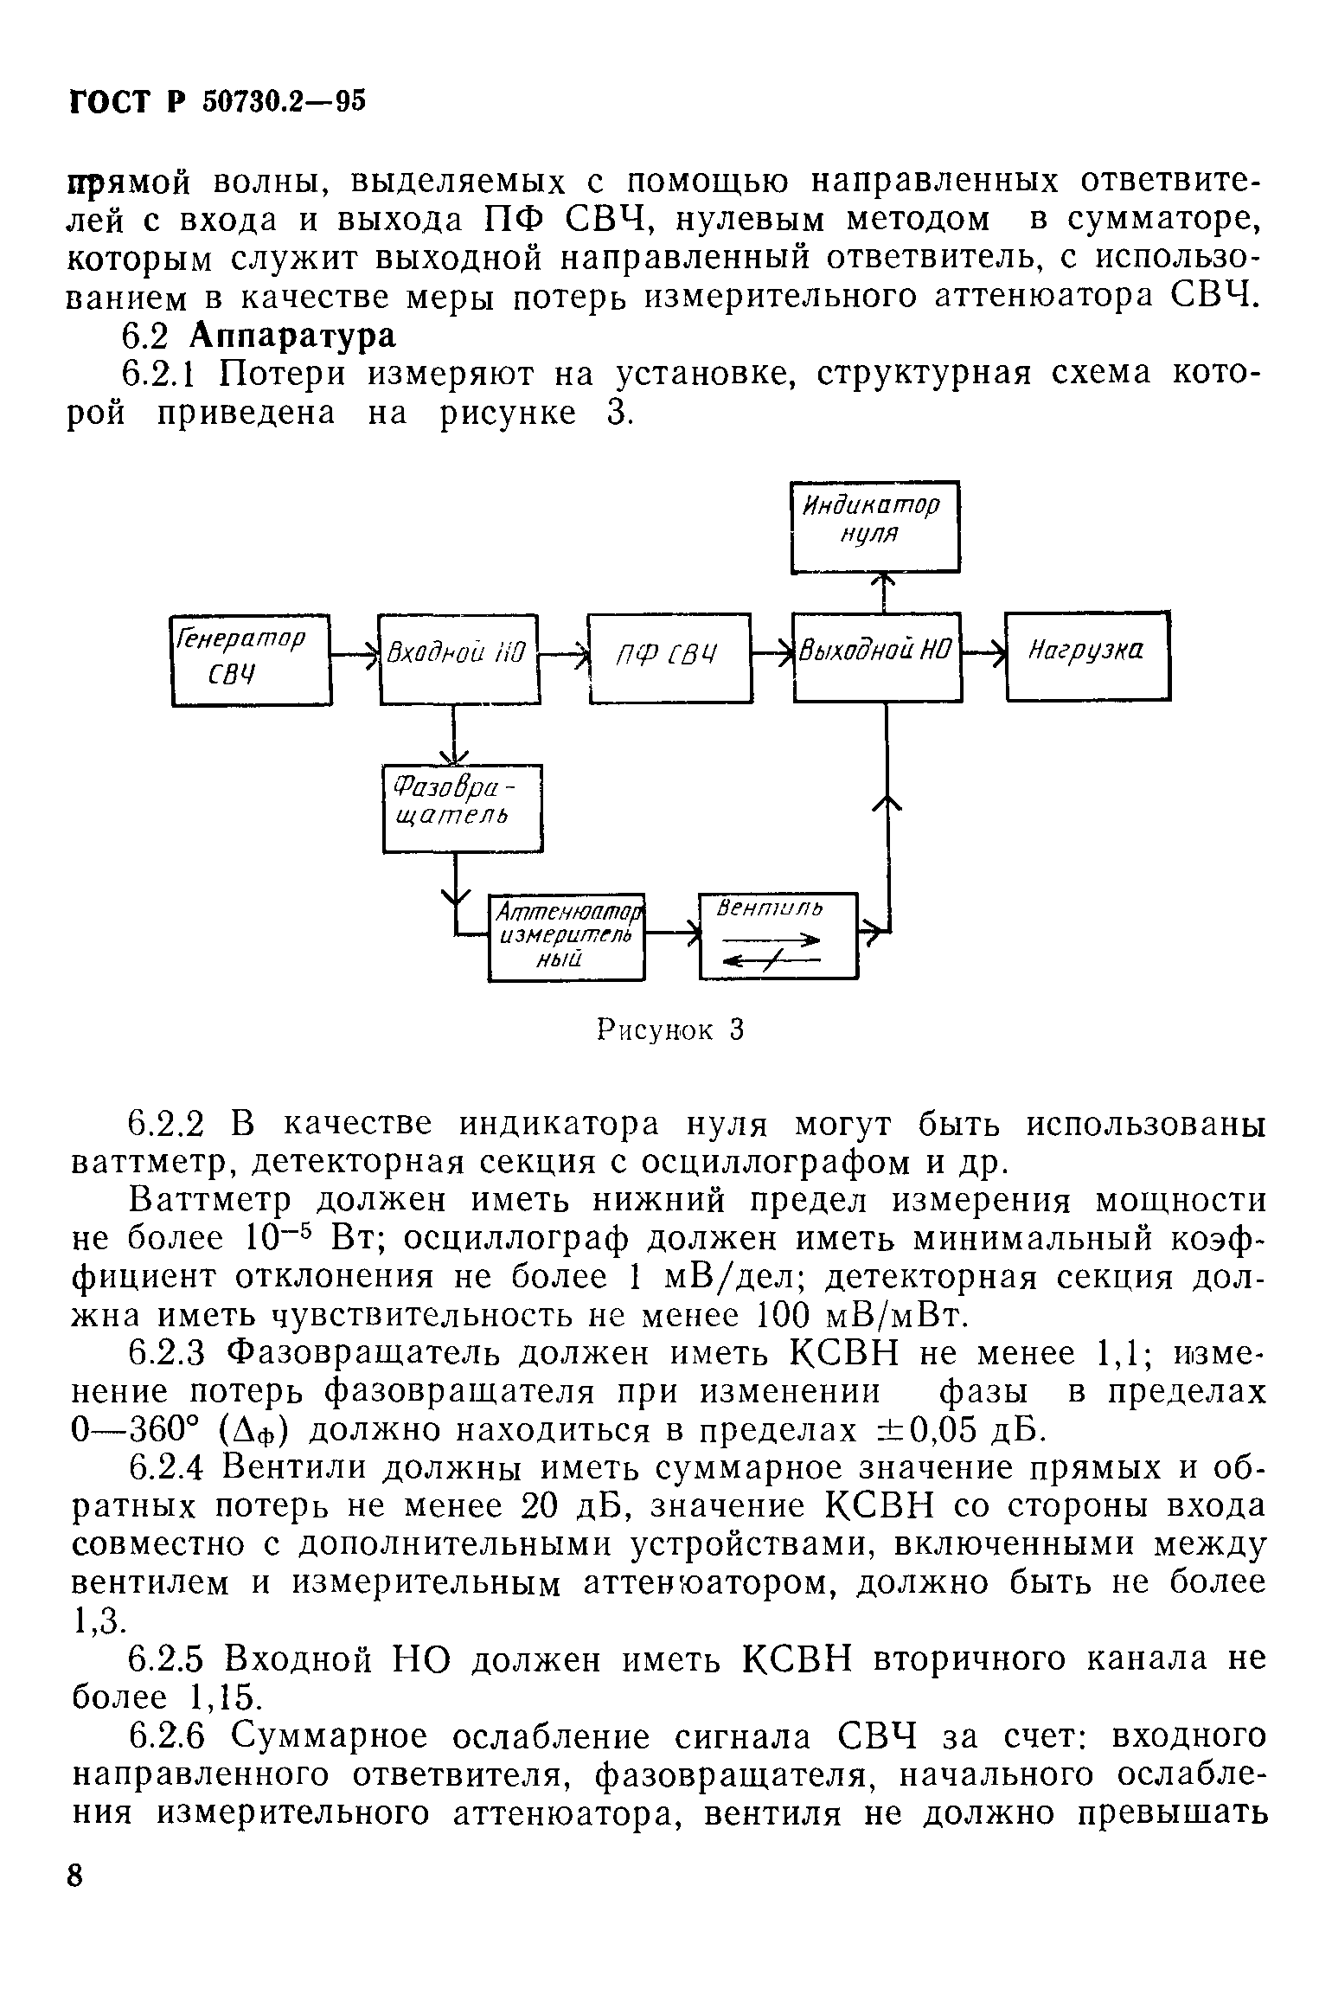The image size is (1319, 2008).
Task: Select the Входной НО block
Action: pos(458,658)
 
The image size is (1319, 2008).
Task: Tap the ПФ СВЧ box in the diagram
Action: pos(669,658)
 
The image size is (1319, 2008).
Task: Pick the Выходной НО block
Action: pos(877,657)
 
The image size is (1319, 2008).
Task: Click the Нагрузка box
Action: pos(1087,655)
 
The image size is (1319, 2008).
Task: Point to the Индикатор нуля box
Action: pos(874,526)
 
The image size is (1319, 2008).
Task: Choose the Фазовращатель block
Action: pos(463,807)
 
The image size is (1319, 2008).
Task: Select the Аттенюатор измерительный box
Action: pos(567,937)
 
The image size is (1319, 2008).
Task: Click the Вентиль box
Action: pos(778,935)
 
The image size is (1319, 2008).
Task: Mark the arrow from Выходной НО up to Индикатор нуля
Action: pos(883,592)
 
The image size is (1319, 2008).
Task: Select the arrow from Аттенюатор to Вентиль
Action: pos(673,933)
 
